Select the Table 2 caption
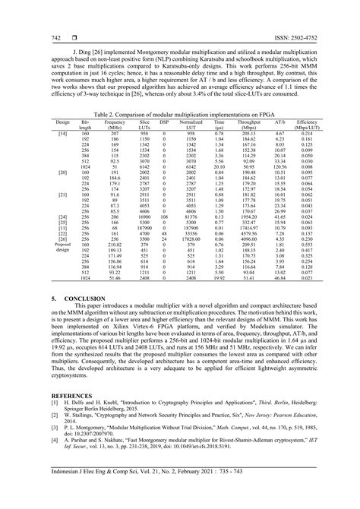[x=179, y=115]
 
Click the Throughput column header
[x=248, y=124]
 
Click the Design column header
[x=63, y=122]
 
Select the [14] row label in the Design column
[x=63, y=133]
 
